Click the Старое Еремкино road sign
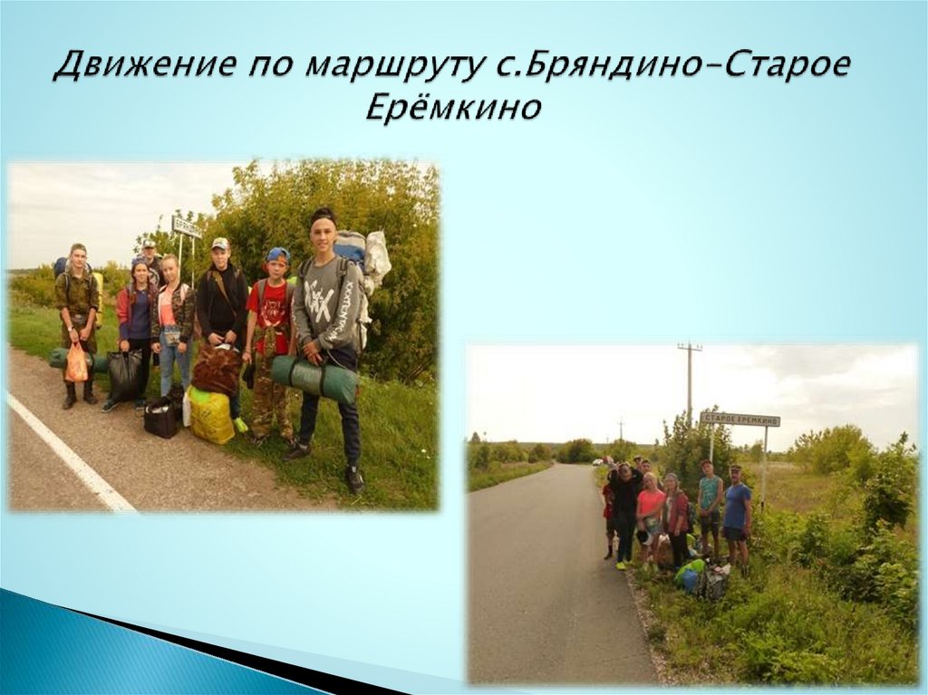739,420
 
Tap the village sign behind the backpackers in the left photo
186,227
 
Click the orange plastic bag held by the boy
77,363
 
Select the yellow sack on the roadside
211,416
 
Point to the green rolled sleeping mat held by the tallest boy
316,378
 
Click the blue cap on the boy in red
277,255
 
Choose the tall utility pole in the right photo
689,381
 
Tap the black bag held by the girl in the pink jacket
124,374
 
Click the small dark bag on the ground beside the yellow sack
163,417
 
